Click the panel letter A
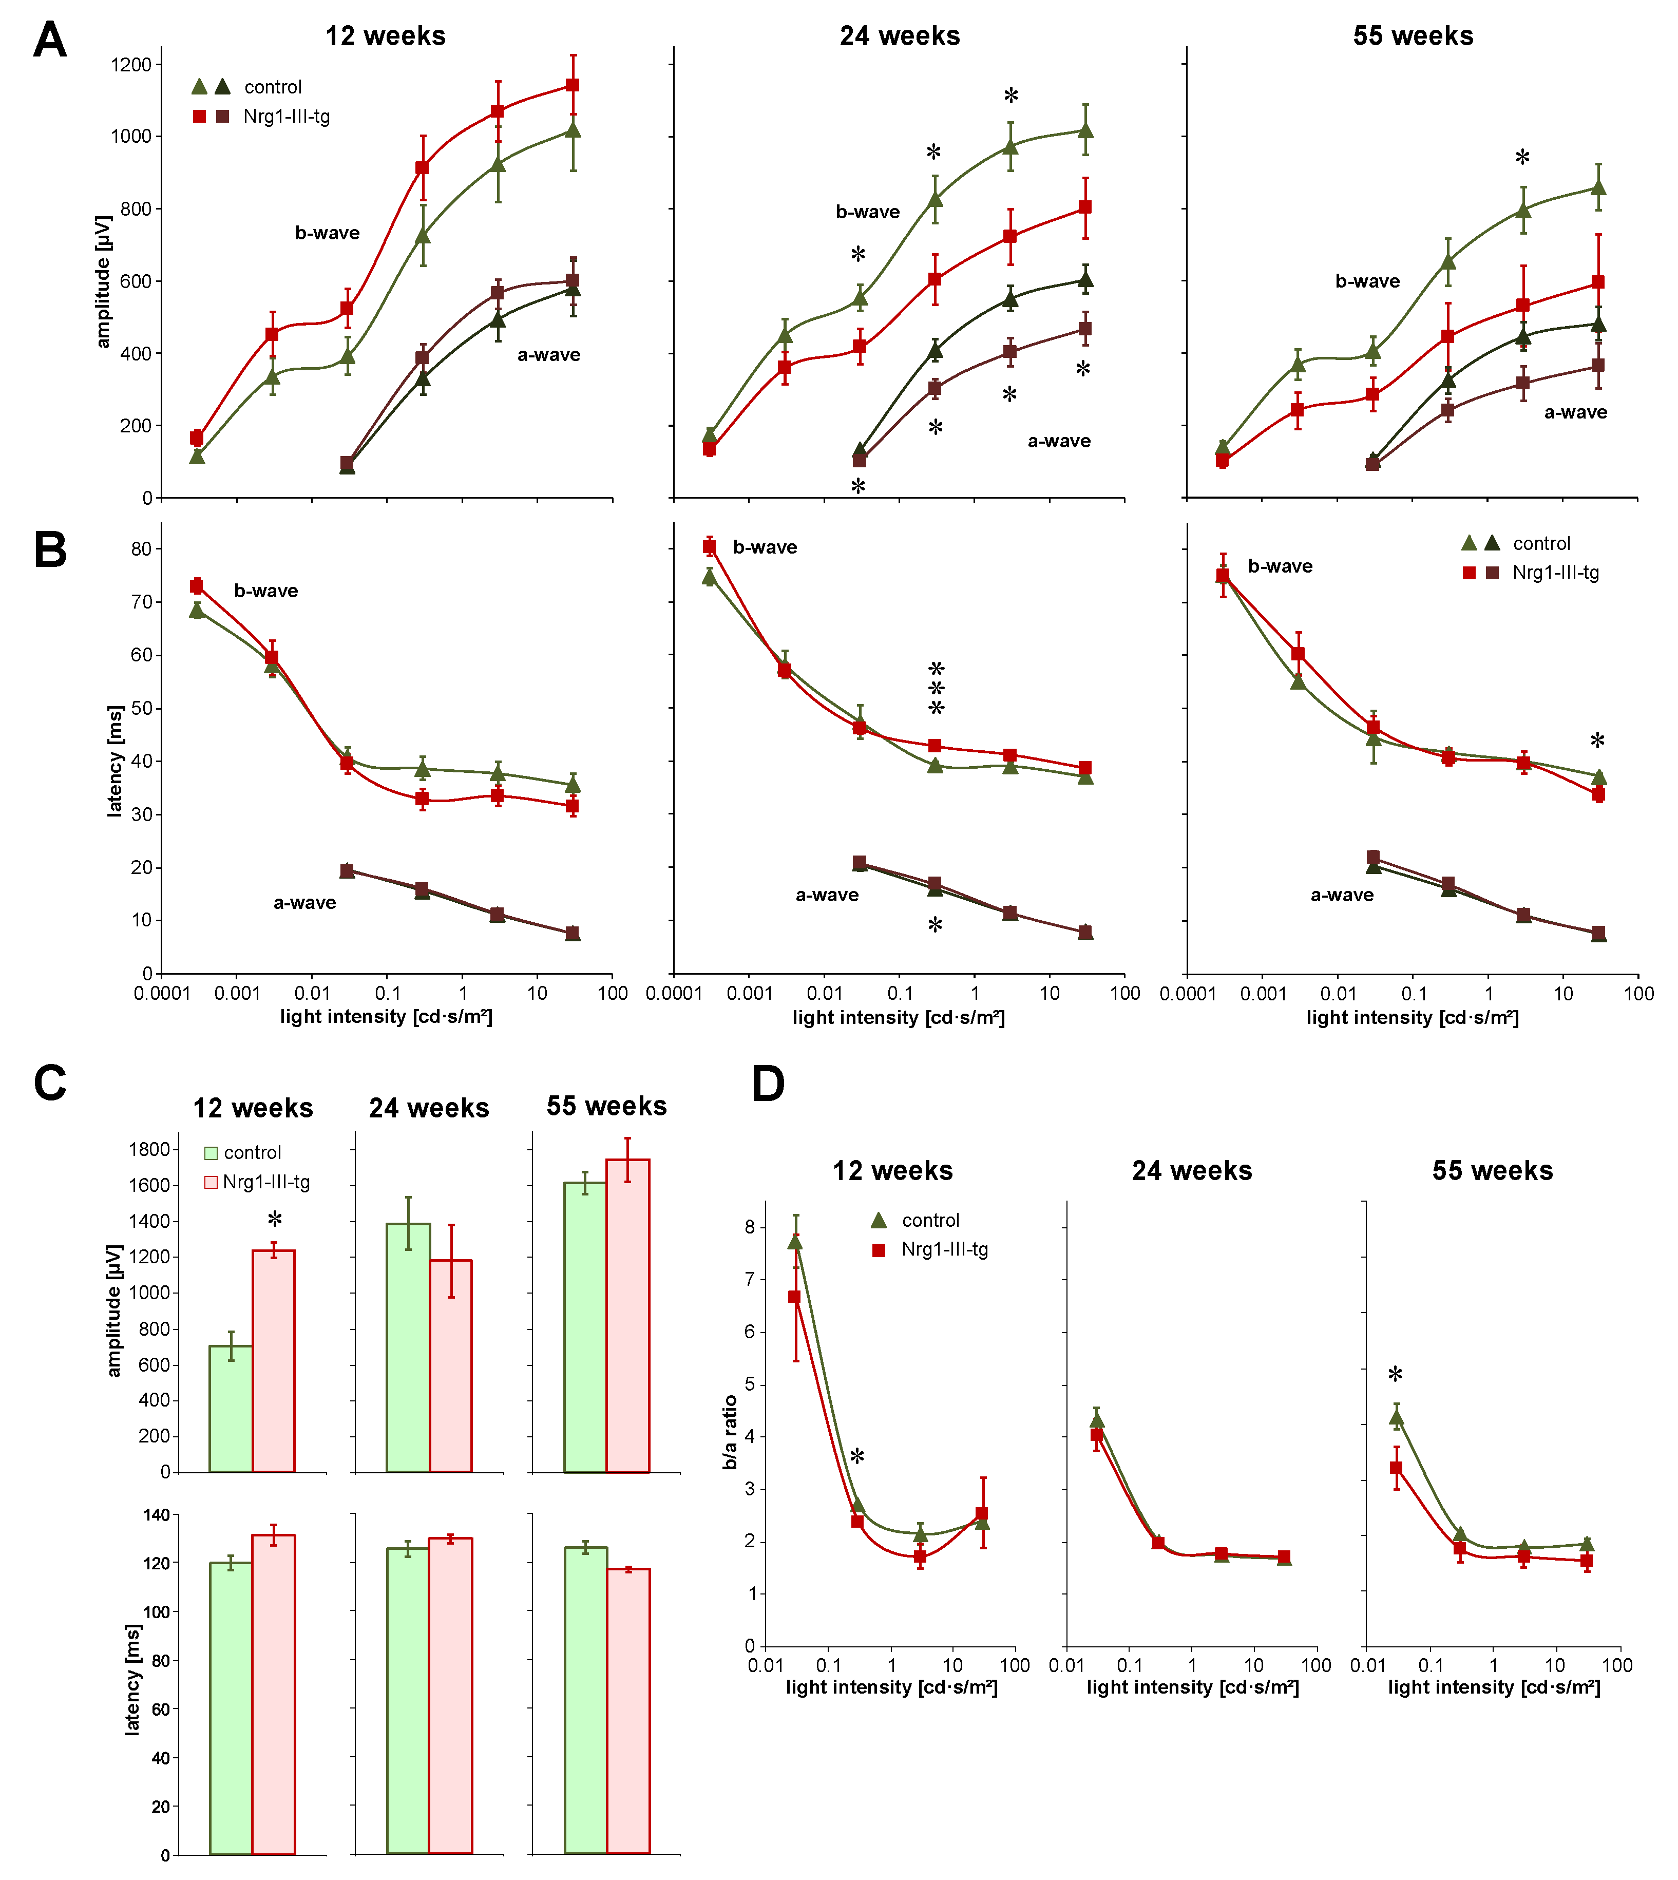coord(50,41)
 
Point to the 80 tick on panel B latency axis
coord(141,548)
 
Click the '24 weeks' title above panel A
coord(899,36)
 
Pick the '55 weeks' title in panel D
coord(1492,1171)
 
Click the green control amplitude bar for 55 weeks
coord(584,1328)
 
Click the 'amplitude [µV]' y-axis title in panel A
coord(103,282)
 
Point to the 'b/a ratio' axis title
coord(730,1432)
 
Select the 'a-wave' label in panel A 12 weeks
coord(548,355)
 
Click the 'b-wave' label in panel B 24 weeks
coord(765,548)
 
